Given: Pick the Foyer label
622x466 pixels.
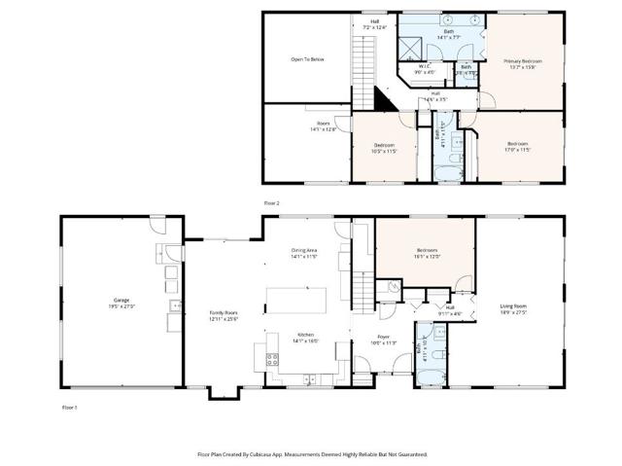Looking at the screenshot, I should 384,338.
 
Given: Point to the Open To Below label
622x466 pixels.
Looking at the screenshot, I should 306,58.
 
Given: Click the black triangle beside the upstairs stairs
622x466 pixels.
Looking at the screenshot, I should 383,98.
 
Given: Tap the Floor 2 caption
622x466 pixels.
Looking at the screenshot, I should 271,201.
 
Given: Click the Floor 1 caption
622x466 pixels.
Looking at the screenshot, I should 69,407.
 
